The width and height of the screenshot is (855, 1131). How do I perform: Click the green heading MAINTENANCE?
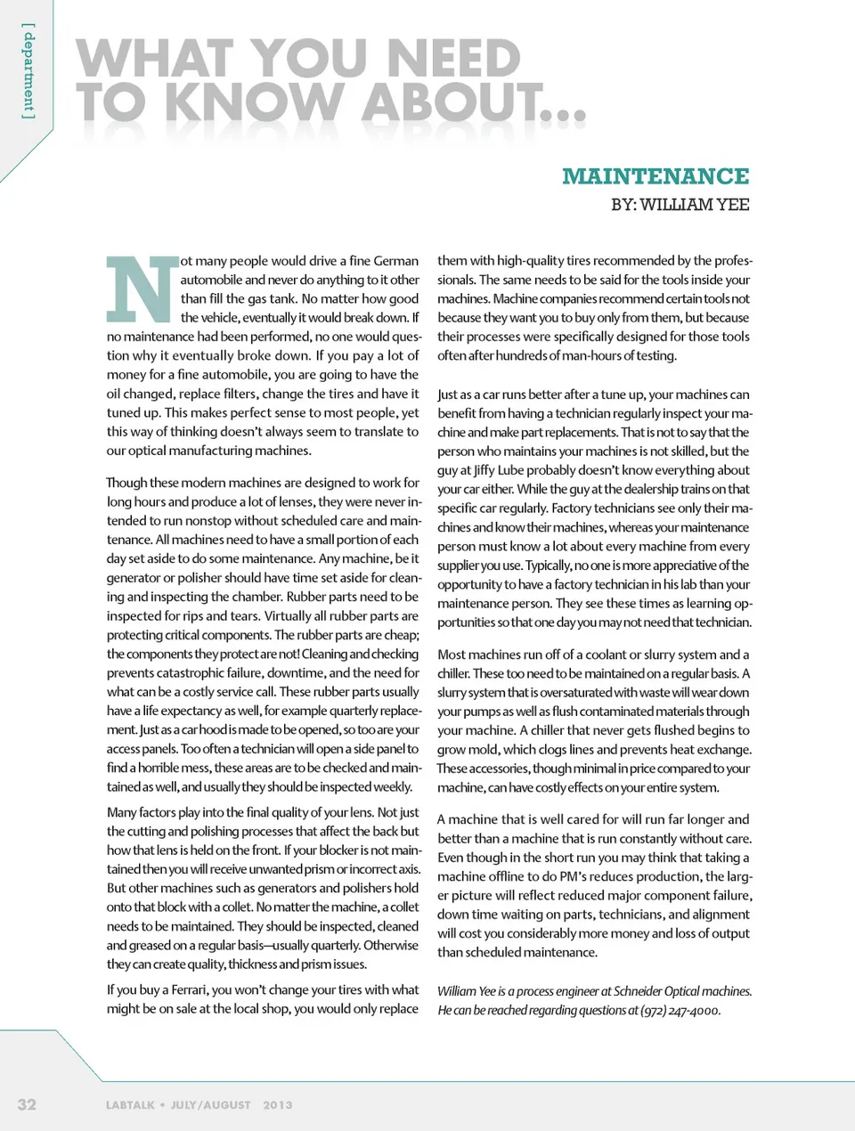655,176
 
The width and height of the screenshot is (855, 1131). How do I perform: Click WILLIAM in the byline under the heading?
675,205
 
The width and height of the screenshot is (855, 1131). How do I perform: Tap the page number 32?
28,1104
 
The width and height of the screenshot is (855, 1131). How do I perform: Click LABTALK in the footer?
130,1105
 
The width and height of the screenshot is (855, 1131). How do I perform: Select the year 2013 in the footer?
277,1105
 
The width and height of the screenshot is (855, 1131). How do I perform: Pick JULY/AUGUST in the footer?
210,1105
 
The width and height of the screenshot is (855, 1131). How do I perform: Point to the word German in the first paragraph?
396,261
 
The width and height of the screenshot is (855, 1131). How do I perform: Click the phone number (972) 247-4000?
680,1010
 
